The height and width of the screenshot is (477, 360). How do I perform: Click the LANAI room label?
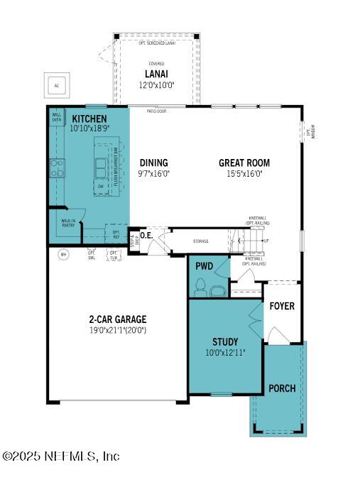(x=156, y=74)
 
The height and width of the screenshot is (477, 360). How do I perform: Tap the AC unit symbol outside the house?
(x=56, y=85)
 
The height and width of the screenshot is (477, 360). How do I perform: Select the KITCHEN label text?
(x=89, y=119)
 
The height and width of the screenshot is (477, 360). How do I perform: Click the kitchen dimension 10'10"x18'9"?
(x=89, y=129)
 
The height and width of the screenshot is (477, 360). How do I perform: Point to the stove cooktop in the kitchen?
(x=56, y=168)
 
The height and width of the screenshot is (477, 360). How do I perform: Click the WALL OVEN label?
(x=56, y=117)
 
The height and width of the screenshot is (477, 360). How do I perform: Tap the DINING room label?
(x=153, y=163)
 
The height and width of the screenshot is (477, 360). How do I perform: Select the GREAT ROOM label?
(x=244, y=163)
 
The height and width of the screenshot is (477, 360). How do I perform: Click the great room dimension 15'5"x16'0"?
(x=244, y=173)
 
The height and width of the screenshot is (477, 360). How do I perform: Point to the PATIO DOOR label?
(x=157, y=111)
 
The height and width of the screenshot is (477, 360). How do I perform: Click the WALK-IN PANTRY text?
(x=68, y=224)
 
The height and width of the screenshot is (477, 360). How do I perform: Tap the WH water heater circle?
(x=62, y=253)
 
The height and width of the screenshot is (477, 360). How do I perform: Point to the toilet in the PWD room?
(x=200, y=287)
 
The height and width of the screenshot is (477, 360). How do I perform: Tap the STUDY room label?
(x=225, y=341)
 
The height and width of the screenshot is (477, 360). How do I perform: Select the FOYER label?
(x=282, y=307)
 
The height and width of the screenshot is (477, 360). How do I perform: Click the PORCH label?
(x=282, y=388)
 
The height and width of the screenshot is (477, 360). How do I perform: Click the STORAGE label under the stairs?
(x=201, y=241)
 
